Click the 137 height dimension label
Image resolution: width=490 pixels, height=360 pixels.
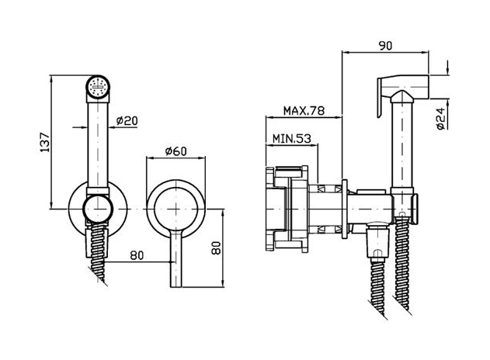click(x=45, y=143)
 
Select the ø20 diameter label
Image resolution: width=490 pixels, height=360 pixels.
click(x=127, y=120)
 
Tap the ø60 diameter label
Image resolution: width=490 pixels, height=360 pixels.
click(x=176, y=151)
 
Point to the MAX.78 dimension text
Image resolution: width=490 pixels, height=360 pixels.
click(x=304, y=110)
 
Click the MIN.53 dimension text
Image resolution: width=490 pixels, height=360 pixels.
click(x=292, y=138)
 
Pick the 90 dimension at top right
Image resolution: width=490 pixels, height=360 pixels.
click(x=385, y=46)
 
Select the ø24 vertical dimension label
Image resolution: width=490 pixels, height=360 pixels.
click(x=440, y=119)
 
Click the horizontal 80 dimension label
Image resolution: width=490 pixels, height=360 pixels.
click(x=137, y=255)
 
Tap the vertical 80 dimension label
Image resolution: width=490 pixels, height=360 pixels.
click(x=216, y=248)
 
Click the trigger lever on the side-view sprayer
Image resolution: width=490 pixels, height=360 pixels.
click(x=380, y=98)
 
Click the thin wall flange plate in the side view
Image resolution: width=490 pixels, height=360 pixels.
click(x=345, y=209)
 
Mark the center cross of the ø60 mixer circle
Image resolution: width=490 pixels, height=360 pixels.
click(x=176, y=209)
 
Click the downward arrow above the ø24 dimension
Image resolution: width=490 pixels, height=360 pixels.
click(x=448, y=67)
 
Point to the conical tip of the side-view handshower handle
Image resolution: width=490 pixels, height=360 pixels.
click(x=401, y=96)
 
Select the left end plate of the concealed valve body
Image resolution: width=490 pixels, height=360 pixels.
click(x=269, y=209)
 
